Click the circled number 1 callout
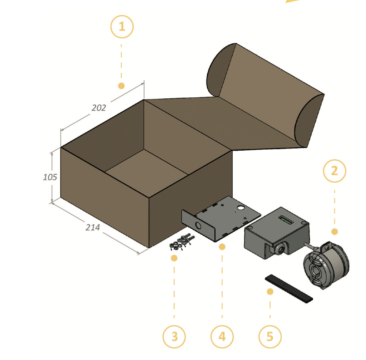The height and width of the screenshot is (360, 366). pos(122,26)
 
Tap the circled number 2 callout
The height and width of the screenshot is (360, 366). pos(335,171)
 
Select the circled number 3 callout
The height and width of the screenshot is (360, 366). pos(174,337)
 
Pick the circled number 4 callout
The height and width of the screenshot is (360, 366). pos(222,337)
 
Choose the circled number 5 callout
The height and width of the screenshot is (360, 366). pos(270,337)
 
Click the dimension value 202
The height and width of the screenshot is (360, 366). pos(99,108)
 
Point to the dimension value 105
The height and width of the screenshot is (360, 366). pos(50,177)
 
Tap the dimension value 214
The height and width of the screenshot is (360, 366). pos(93,228)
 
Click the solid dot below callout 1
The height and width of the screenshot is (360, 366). pos(121,86)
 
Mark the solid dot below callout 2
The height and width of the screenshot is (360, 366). pos(335,232)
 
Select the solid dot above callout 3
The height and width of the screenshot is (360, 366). pos(174,258)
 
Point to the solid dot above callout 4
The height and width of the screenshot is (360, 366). pos(222,247)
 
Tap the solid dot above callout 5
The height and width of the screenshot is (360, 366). pos(270,292)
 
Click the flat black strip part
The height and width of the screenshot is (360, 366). pos(289,289)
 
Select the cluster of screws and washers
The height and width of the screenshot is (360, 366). pos(182,242)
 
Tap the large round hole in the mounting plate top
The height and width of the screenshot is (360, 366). pos(240,208)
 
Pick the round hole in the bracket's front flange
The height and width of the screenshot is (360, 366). pos(198,226)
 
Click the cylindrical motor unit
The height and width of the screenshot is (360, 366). pos(326,265)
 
